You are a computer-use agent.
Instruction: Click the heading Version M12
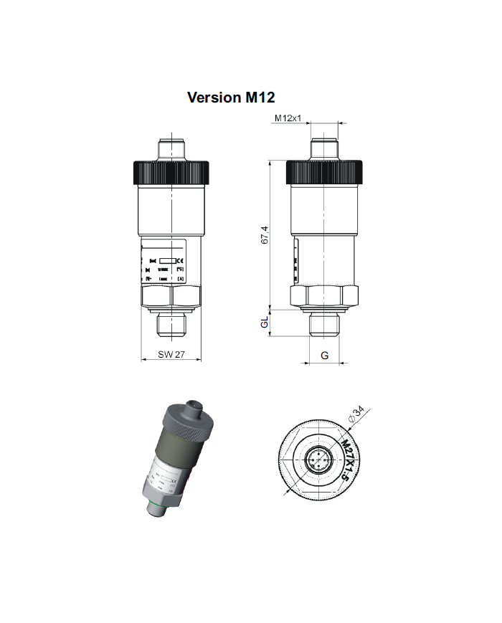(x=231, y=97)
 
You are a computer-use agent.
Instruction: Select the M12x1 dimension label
(x=287, y=118)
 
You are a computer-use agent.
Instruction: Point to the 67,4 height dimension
(x=265, y=234)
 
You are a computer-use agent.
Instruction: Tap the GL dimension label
(x=265, y=323)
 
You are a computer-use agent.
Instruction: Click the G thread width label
(x=325, y=356)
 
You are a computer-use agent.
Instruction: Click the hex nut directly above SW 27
(x=173, y=297)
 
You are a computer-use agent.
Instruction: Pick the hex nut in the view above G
(x=325, y=297)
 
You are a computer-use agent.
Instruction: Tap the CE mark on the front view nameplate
(x=181, y=260)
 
